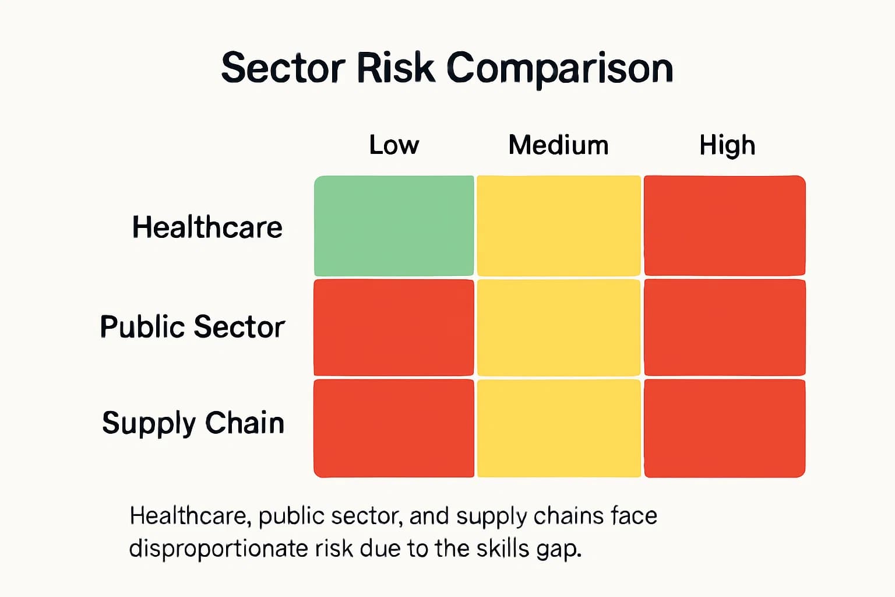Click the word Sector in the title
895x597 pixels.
tap(283, 68)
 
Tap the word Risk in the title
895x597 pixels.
tap(396, 68)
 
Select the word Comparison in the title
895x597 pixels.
tap(560, 69)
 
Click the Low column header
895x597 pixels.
tap(394, 145)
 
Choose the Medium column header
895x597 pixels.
tap(558, 145)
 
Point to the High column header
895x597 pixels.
tap(727, 145)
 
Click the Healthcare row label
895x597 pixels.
tap(207, 227)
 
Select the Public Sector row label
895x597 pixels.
tap(192, 326)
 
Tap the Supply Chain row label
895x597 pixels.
tap(193, 423)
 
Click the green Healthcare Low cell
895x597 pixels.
tap(394, 226)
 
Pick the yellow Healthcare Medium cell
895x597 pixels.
tap(559, 226)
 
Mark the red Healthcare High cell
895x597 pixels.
tap(725, 226)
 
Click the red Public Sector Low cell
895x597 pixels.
tap(394, 328)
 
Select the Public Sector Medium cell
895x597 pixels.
tap(559, 328)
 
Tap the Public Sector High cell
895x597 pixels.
tap(725, 328)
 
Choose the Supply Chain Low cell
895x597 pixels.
tap(394, 428)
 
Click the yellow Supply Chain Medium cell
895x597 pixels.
tap(559, 428)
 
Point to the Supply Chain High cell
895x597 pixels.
tap(725, 428)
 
